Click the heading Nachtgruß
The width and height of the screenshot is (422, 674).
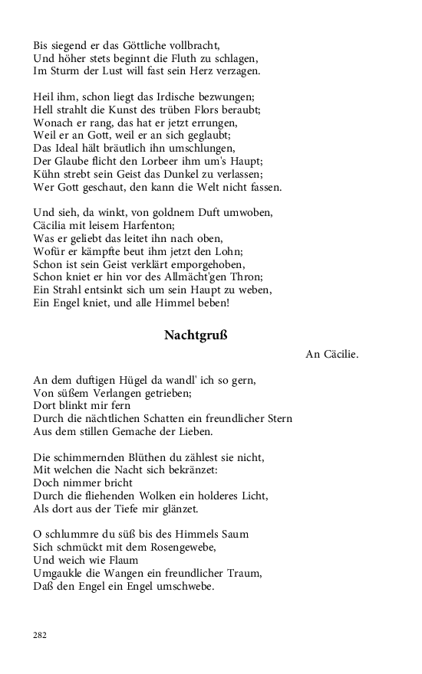pos(196,335)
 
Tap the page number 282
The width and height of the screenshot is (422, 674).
pos(40,635)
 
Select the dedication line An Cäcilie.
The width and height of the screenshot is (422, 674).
pos(331,355)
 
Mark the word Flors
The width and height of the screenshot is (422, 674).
pos(206,110)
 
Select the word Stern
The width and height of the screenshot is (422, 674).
pos(276,419)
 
